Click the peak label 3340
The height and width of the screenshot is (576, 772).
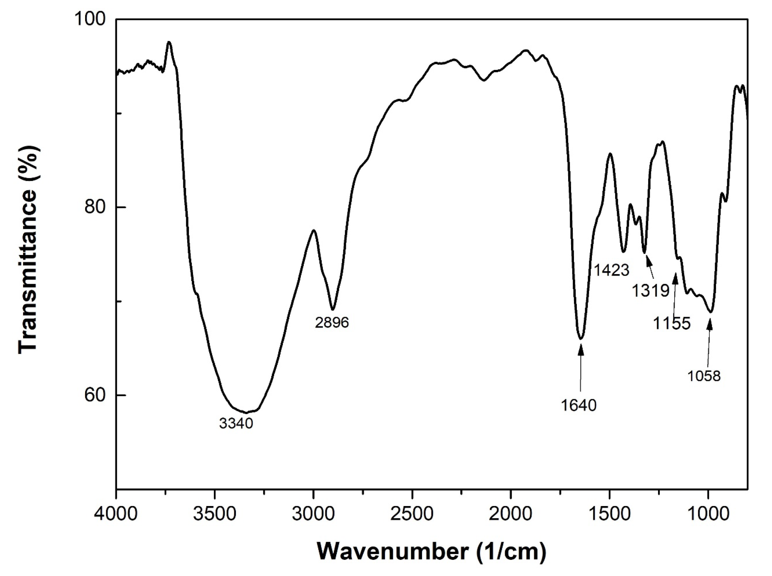[x=236, y=423]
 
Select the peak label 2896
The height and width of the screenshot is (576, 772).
[x=332, y=322]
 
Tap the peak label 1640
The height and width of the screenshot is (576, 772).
[x=579, y=405]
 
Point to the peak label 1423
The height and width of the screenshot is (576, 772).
[x=611, y=270]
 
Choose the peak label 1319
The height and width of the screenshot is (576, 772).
[x=650, y=290]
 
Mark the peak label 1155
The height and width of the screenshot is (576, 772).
[x=672, y=323]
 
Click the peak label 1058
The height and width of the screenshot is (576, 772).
[x=704, y=376]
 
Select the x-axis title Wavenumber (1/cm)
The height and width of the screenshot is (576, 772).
[x=432, y=551]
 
